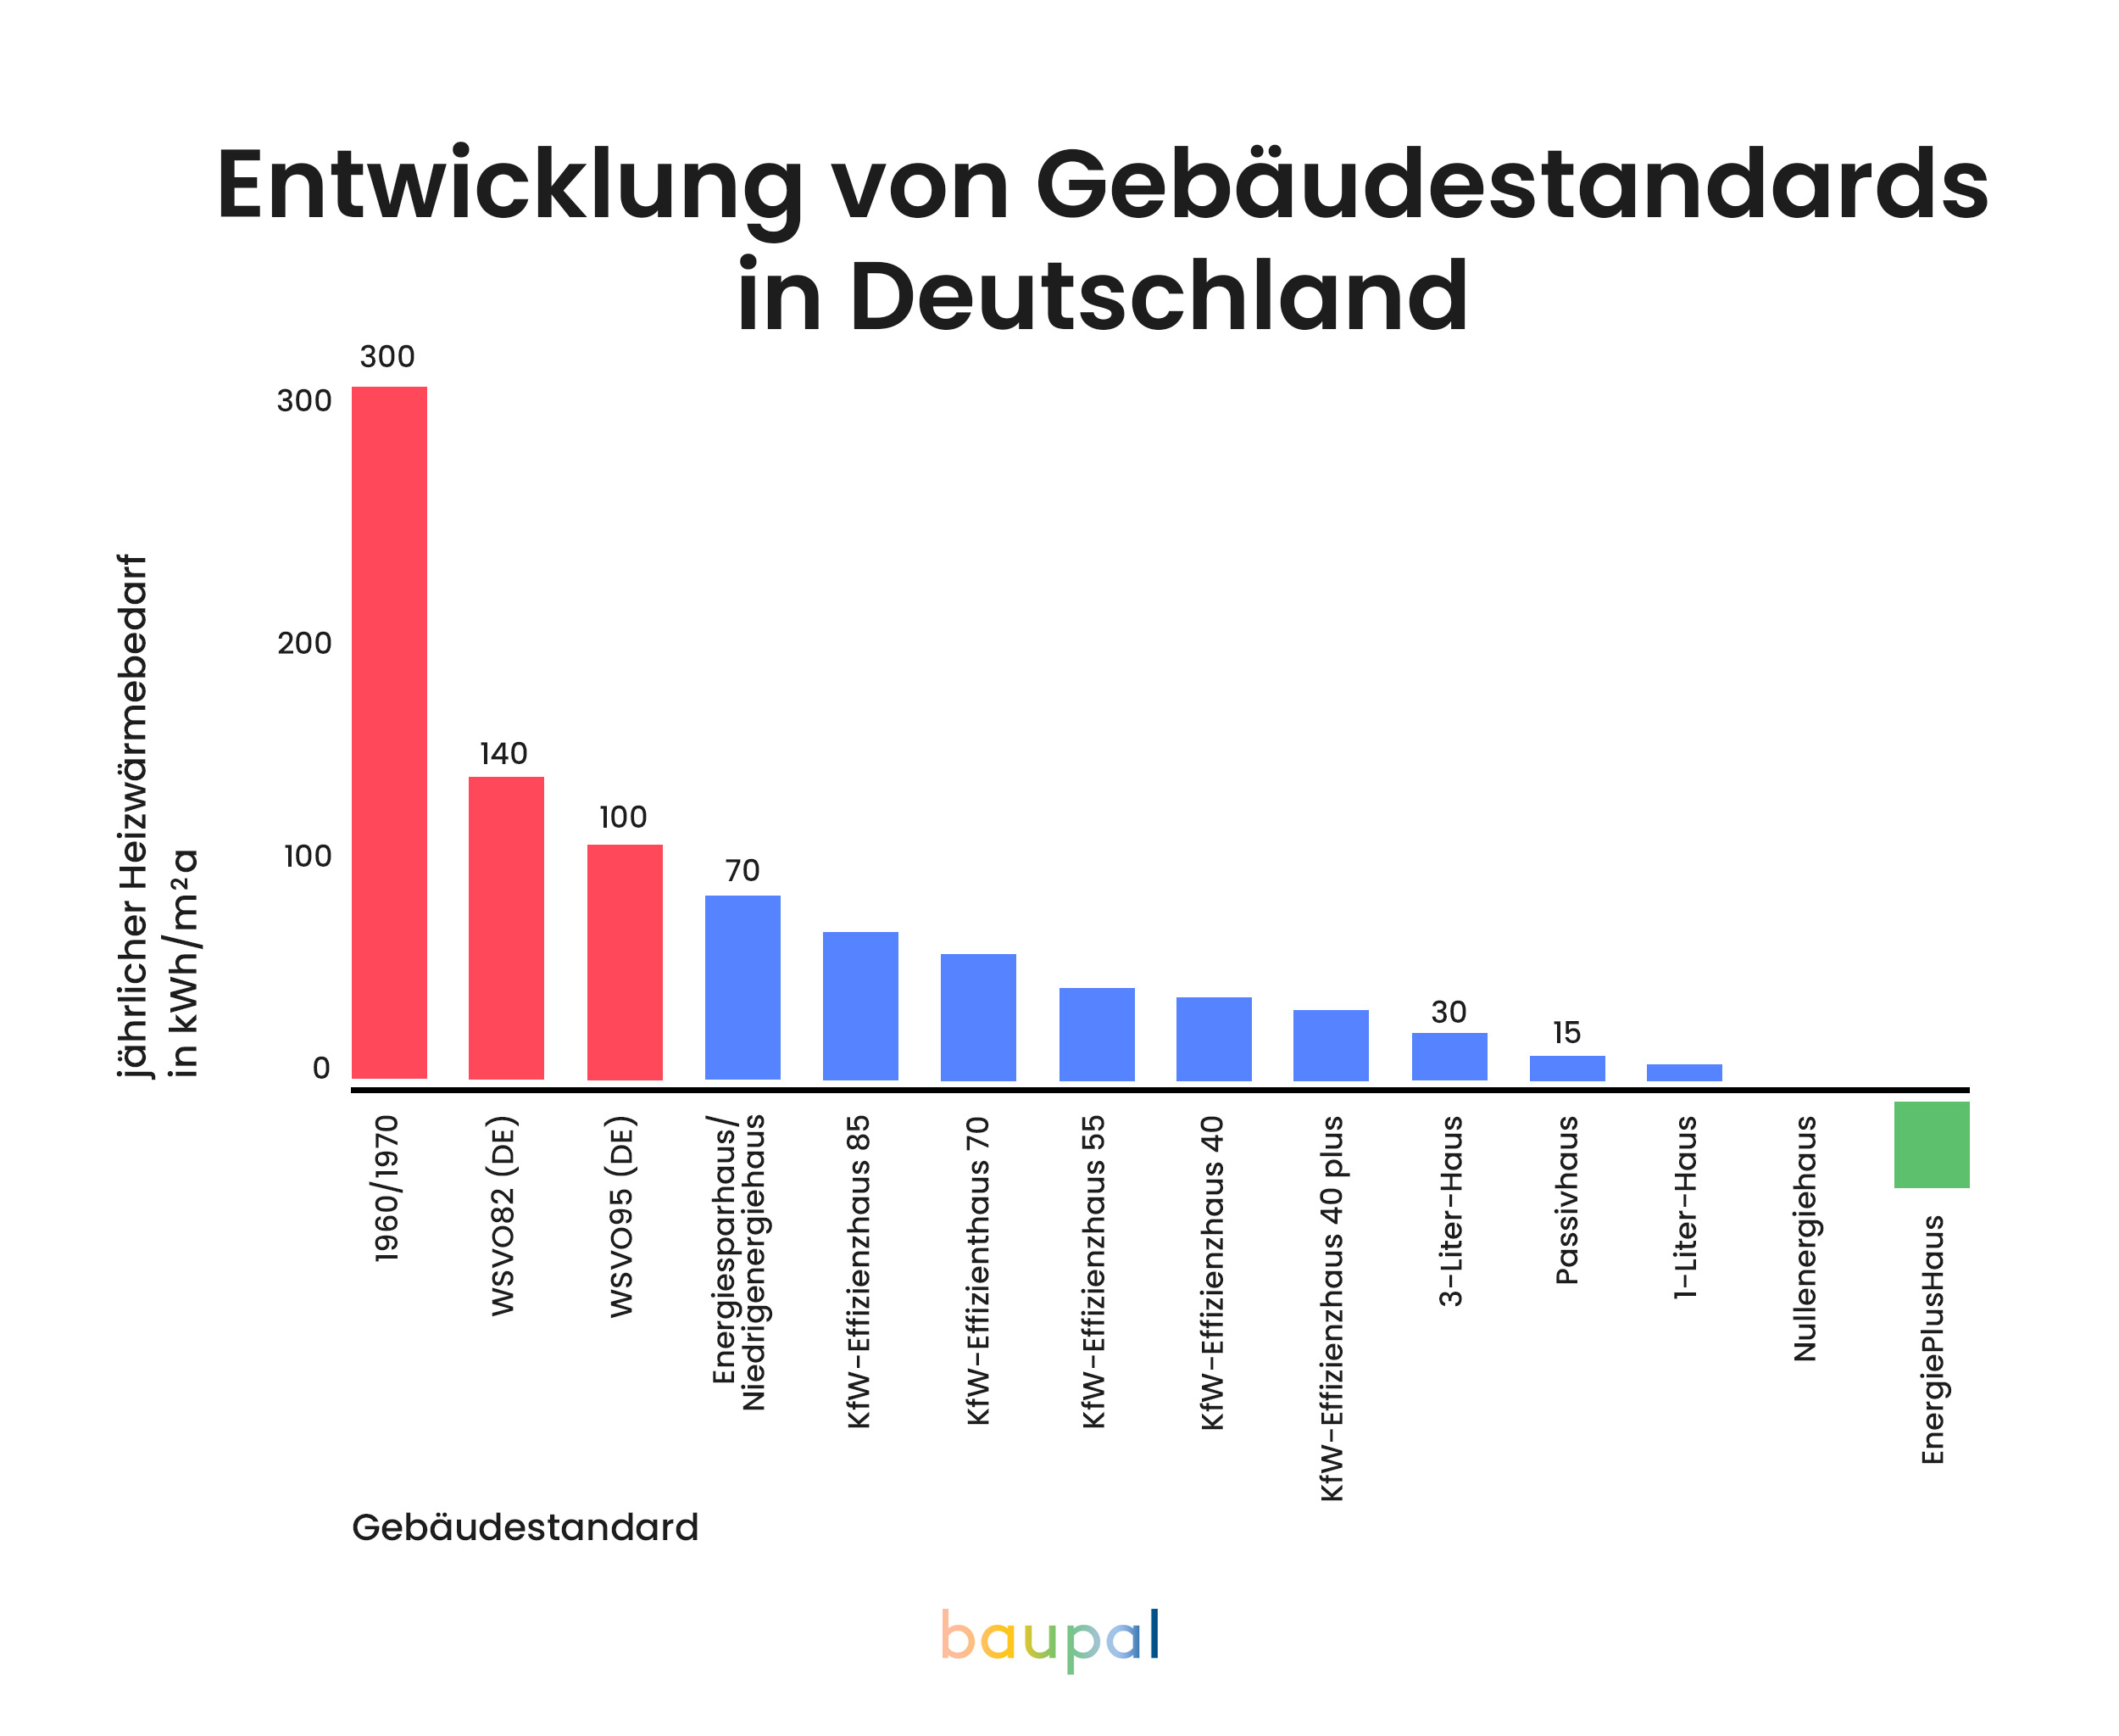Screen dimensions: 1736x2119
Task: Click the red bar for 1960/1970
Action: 389,732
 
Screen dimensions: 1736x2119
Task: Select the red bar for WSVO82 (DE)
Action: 507,927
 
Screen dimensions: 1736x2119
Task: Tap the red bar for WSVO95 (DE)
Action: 625,961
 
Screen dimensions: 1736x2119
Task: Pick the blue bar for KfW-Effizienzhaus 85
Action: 860,1005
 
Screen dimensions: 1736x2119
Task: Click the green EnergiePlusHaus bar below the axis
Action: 1931,1144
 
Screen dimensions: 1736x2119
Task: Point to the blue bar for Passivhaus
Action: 1567,1068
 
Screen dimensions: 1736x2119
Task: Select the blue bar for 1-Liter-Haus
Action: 1684,1072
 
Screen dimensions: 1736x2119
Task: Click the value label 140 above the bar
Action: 503,753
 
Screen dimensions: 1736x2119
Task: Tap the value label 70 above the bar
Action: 742,870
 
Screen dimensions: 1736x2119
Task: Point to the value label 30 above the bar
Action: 1449,1012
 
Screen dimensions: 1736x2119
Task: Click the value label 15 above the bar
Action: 1566,1032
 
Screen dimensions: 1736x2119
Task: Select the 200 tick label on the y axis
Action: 303,643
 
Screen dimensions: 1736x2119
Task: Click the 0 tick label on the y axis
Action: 321,1068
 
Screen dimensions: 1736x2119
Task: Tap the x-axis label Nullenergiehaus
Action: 1805,1238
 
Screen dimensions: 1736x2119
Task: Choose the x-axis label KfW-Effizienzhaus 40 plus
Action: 1332,1308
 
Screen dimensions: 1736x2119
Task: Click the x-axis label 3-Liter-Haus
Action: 1450,1211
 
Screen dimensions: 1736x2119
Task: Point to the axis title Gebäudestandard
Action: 525,1527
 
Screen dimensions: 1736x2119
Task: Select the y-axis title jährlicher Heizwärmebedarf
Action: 133,815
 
